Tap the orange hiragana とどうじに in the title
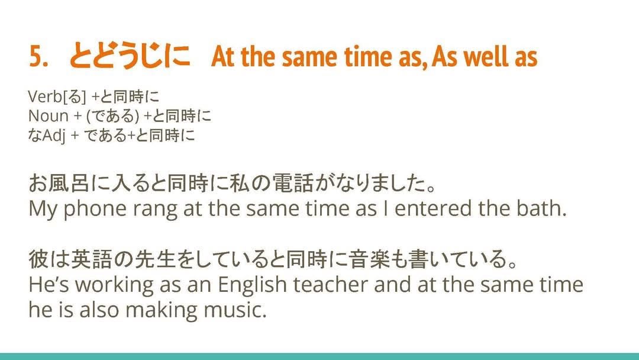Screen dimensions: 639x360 coord(130,56)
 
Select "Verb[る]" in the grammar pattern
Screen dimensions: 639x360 coord(57,97)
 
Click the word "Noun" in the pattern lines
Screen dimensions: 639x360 coord(48,116)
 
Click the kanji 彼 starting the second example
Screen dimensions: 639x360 coord(38,260)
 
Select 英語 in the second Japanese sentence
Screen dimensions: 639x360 coord(91,260)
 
